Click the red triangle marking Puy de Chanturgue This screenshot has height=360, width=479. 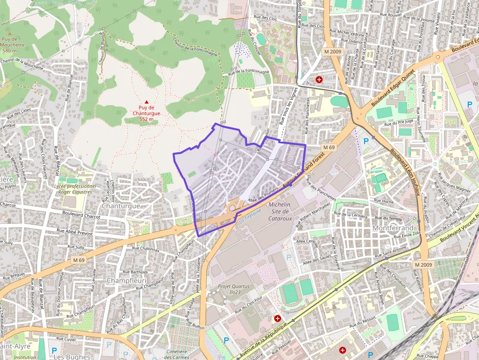point(146,102)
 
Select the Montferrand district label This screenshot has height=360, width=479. point(393,228)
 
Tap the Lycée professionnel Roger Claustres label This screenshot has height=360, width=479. point(75,189)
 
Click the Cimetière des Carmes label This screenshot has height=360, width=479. point(176,354)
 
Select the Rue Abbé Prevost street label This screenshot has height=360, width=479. point(74,230)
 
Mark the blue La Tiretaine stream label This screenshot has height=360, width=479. point(250,215)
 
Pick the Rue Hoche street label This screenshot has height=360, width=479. point(383,200)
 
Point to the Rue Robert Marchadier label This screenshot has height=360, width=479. point(315,210)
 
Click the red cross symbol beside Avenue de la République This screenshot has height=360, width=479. point(278,318)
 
